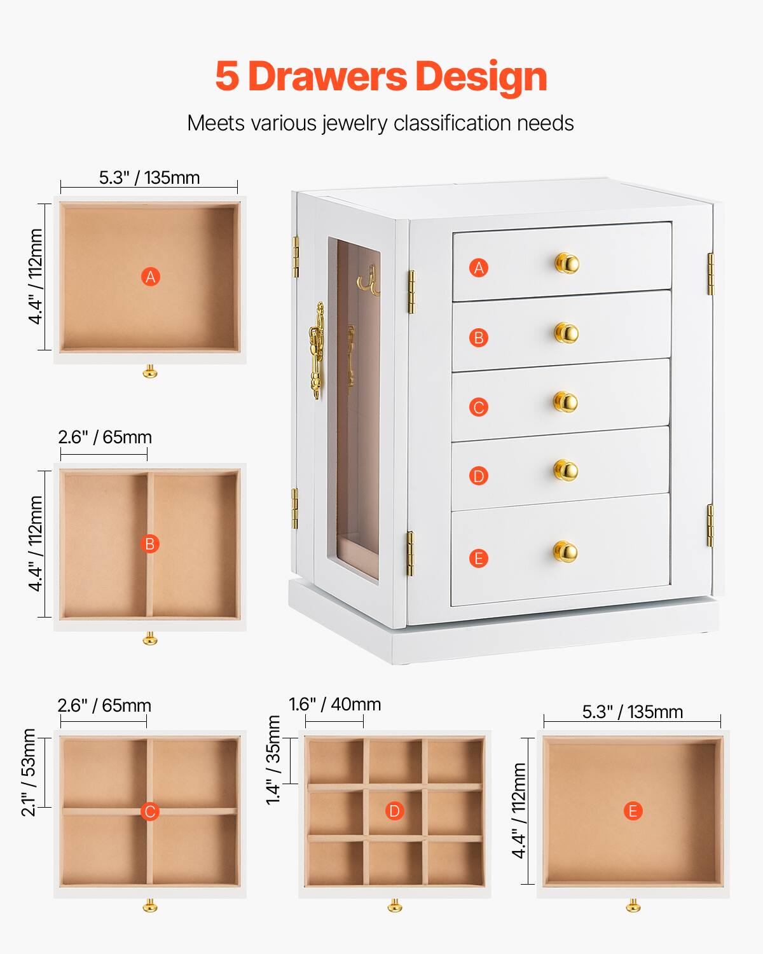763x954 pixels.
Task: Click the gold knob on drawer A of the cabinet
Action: coord(566,263)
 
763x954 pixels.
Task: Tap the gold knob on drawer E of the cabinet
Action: coord(565,551)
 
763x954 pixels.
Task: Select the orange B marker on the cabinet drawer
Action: coord(479,337)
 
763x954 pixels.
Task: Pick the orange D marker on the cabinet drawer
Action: coord(479,476)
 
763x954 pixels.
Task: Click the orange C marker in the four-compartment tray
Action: coord(150,812)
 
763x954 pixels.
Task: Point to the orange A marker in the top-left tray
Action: coord(150,277)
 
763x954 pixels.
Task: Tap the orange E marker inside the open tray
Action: coord(633,811)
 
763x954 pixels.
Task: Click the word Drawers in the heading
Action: coord(327,76)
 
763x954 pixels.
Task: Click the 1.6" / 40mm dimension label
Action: coord(334,704)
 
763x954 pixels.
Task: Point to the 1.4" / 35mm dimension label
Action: coord(274,760)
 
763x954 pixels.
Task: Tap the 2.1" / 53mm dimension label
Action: coord(29,772)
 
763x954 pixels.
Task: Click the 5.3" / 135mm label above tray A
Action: coord(149,177)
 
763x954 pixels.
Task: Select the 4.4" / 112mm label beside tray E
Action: coord(519,811)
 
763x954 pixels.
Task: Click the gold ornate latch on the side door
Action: coord(316,350)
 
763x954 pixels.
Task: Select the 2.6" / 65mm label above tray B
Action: coord(105,437)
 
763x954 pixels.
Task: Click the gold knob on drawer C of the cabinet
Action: coord(565,401)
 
